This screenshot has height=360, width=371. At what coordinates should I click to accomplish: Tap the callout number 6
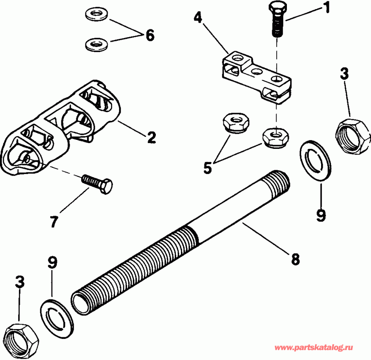tap(149, 35)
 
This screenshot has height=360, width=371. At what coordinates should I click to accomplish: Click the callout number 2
tap(151, 137)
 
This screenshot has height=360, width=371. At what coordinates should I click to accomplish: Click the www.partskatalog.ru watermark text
tap(319, 348)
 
